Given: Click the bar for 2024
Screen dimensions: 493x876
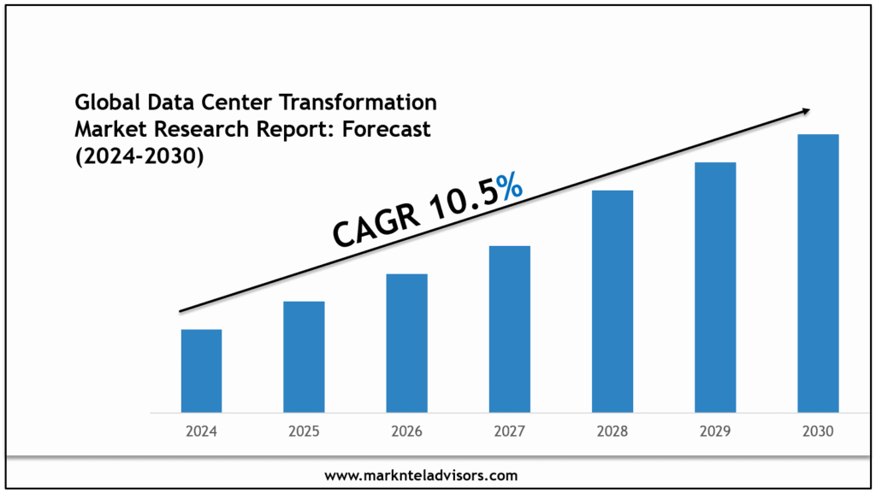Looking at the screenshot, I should click(x=201, y=371).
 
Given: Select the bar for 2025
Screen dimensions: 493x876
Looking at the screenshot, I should click(x=304, y=357).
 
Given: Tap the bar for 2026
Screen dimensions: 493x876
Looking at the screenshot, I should click(x=406, y=343).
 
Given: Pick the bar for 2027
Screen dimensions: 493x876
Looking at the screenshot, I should click(x=510, y=329).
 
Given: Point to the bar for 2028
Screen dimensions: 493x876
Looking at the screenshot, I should click(x=613, y=302).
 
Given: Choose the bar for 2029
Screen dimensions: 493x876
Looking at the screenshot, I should click(x=715, y=287).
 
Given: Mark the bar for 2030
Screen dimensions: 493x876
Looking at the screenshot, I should click(x=818, y=273).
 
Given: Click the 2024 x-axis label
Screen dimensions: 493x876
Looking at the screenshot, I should click(x=201, y=431).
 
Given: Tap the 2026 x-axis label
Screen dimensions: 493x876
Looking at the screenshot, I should click(x=406, y=431).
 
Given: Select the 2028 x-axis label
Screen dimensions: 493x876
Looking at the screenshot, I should click(x=613, y=431).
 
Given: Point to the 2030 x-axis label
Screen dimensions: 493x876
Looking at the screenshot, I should click(x=818, y=431).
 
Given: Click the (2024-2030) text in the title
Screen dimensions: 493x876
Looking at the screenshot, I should click(x=139, y=157).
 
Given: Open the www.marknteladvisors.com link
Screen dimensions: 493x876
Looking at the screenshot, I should click(x=422, y=475).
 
